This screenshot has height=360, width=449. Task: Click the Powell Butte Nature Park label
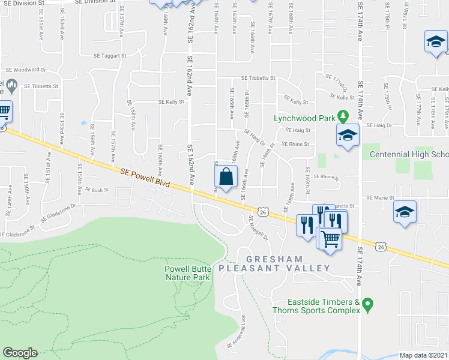(x=188, y=273)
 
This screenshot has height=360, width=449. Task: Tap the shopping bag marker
(x=225, y=178)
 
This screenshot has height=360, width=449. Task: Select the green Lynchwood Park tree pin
(x=343, y=115)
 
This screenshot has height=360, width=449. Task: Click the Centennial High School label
(x=408, y=154)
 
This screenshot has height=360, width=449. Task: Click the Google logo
(x=20, y=353)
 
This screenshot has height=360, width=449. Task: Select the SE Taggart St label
(x=110, y=55)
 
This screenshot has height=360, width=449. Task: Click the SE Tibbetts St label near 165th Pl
(x=258, y=78)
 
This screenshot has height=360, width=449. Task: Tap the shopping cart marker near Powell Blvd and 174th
(x=329, y=239)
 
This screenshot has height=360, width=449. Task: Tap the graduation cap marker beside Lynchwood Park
(x=348, y=135)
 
